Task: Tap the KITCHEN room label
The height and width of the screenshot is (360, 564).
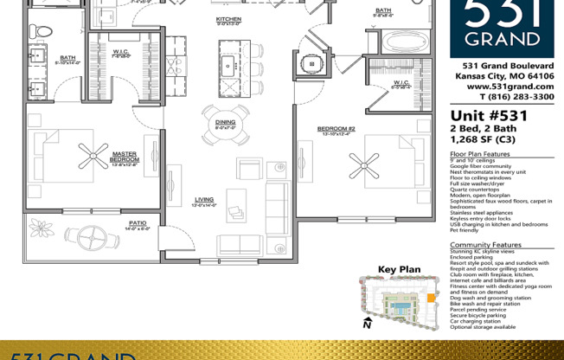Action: pos(228,19)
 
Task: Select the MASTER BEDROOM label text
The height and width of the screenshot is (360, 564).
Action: pos(124,157)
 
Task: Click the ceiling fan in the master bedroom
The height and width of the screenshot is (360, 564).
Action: pos(93,156)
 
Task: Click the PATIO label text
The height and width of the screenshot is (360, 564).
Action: pos(138,223)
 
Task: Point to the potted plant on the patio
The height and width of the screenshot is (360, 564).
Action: pos(42,228)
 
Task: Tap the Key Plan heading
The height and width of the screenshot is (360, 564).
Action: pos(399,269)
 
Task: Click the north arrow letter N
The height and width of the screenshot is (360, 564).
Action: pos(367,326)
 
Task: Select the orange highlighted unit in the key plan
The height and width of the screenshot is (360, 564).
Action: pos(430,299)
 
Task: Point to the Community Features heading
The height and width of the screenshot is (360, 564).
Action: pos(485,245)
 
